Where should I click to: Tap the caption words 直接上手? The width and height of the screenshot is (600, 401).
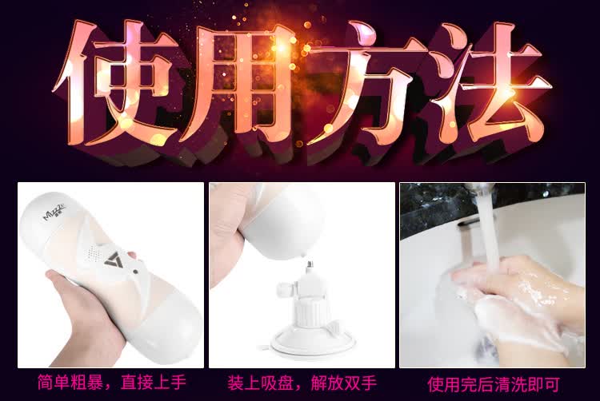153,383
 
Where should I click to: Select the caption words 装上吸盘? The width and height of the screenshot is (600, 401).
260,383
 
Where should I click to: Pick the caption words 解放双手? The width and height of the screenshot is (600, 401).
343,383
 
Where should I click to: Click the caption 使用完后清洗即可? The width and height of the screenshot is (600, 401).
494,384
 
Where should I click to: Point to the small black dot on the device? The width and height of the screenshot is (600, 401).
135,272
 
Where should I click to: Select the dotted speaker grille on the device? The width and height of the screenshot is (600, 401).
92,252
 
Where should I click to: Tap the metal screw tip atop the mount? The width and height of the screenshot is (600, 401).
308,264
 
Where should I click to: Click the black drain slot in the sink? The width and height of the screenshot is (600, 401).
467,221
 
